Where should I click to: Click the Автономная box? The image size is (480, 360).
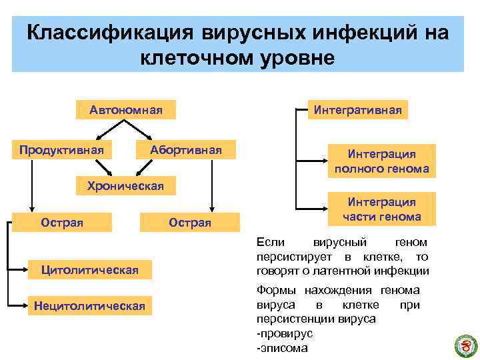(126, 109)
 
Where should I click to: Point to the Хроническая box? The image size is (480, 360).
(121, 186)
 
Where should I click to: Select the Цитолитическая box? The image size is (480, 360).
(89, 270)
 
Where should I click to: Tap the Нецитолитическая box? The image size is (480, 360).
(89, 306)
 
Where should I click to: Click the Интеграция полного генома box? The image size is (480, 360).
(381, 161)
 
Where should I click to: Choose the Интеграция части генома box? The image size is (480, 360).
(381, 209)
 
